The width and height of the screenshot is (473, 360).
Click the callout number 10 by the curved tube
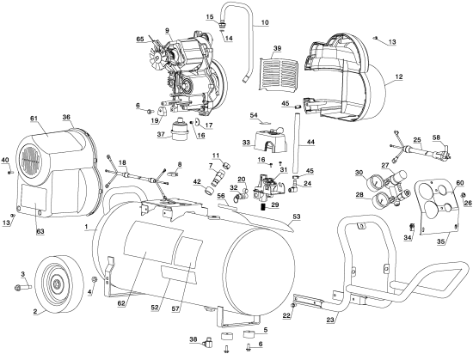click(x=264, y=22)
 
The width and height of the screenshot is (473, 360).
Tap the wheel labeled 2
click(x=56, y=284)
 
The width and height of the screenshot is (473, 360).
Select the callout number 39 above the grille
click(x=277, y=48)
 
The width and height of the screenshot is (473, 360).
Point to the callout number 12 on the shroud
click(x=399, y=77)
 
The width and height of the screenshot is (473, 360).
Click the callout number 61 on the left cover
click(x=34, y=119)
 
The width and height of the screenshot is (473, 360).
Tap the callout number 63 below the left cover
click(x=40, y=231)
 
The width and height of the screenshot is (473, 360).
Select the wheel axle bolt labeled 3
click(x=23, y=287)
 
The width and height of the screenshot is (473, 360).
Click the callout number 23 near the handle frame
click(x=330, y=320)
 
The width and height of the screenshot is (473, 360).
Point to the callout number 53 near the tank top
click(x=297, y=217)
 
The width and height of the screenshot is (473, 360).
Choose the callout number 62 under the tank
click(x=121, y=304)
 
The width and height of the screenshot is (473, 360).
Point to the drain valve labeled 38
click(x=208, y=341)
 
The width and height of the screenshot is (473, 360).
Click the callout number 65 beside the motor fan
click(x=140, y=40)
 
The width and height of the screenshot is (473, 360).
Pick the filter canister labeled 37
click(x=180, y=129)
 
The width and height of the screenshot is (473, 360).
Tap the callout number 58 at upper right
click(x=436, y=137)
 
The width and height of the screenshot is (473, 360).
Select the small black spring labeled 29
click(x=263, y=207)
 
